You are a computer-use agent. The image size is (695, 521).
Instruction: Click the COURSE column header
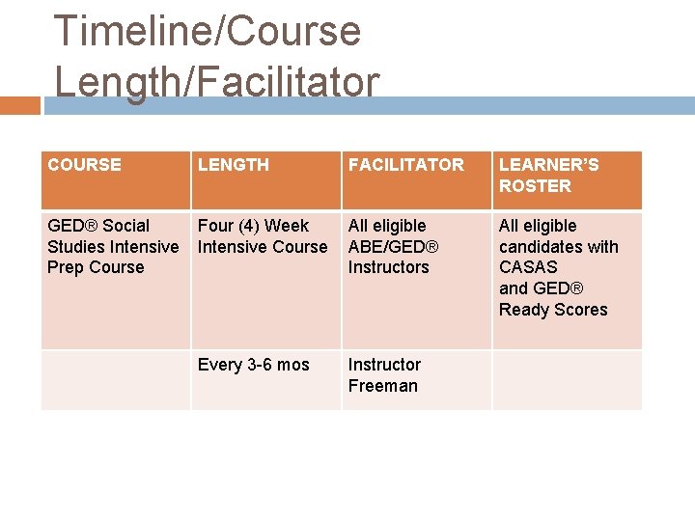(x=85, y=165)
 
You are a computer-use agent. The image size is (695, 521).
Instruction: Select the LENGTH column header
(x=234, y=165)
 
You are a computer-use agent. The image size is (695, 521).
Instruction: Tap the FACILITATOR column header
(x=405, y=165)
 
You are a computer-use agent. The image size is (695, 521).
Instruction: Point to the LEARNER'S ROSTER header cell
(x=548, y=176)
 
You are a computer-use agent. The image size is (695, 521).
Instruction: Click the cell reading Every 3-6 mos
(x=254, y=365)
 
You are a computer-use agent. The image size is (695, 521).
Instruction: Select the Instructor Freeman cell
(x=384, y=375)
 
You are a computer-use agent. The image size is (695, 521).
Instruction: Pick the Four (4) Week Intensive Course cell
(x=263, y=236)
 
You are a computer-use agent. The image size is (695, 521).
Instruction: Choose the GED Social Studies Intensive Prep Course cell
(x=113, y=247)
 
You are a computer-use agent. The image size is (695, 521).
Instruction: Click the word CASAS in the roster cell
(x=528, y=267)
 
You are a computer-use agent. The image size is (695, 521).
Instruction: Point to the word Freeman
(x=383, y=386)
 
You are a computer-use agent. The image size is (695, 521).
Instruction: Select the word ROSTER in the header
(x=535, y=186)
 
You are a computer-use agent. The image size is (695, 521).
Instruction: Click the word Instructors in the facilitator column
(x=388, y=267)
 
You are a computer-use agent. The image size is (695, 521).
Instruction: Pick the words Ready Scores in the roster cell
(x=553, y=310)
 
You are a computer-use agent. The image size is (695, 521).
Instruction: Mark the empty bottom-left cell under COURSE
(x=115, y=379)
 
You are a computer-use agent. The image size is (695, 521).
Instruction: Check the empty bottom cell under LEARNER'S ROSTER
(x=567, y=379)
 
